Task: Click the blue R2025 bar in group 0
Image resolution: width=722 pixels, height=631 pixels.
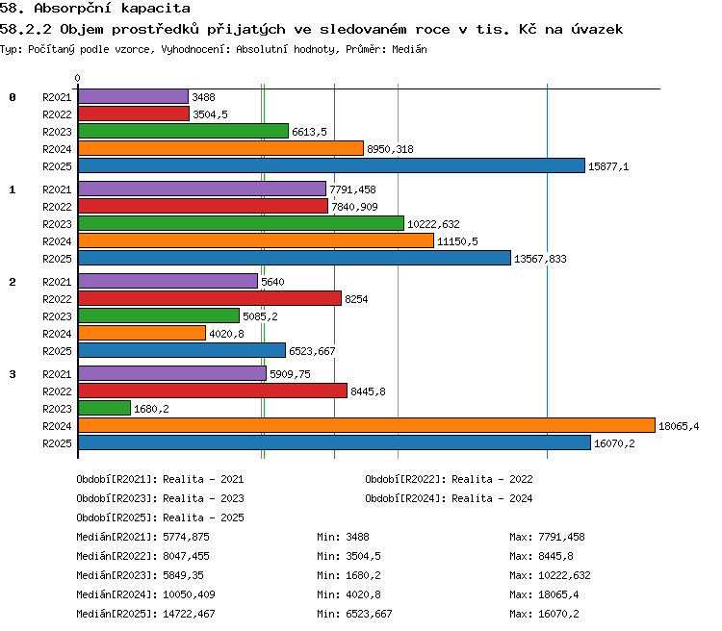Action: [x=331, y=165]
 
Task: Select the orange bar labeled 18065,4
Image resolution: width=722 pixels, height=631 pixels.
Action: [x=367, y=425]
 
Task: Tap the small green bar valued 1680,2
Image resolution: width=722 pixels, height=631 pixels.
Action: [x=105, y=408]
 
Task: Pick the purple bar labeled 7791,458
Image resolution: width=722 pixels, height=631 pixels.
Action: [x=202, y=189]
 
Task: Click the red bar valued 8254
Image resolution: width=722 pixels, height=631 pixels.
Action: [x=210, y=298]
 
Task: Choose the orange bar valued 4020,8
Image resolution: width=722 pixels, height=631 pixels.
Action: [x=142, y=333]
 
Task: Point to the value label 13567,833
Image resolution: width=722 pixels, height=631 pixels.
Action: [x=540, y=259]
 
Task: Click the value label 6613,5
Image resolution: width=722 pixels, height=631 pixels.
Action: [x=309, y=132]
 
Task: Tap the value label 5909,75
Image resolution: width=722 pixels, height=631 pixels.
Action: [x=290, y=374]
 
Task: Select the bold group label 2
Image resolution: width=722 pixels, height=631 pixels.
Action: [x=13, y=282]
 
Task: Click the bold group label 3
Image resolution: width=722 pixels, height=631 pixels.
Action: [x=13, y=374]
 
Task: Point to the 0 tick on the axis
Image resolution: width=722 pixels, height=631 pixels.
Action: [x=77, y=78]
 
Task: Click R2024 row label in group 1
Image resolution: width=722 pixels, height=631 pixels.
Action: [x=57, y=241]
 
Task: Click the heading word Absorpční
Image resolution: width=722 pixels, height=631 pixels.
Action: [x=73, y=9]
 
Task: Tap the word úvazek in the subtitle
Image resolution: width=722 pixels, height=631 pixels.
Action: [x=597, y=30]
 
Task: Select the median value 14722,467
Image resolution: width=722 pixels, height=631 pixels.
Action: [x=189, y=614]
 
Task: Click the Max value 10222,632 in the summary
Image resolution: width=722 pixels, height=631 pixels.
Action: [x=564, y=575]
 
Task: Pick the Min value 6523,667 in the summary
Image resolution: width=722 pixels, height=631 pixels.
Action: [x=369, y=614]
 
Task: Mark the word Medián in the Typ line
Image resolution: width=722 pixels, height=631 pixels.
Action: [x=409, y=49]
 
